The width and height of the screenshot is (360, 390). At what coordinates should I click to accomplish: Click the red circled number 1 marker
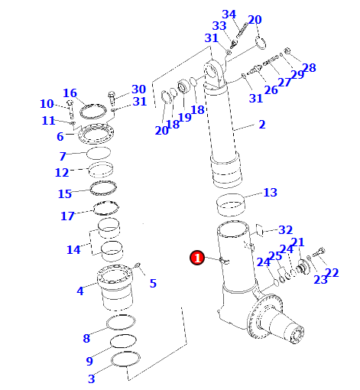coord(197,258)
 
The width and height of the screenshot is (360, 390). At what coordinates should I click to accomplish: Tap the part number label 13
coord(270,193)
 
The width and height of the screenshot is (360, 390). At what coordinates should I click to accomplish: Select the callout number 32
coord(285,230)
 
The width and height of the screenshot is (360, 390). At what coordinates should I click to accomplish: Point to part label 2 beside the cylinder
coord(262,125)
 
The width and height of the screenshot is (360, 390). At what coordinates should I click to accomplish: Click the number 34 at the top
coord(229,15)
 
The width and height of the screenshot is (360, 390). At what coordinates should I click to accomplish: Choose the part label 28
coord(309,68)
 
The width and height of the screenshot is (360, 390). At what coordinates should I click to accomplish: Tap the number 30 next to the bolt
coord(138,89)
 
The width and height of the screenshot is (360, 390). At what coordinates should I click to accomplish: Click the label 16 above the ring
coord(70,93)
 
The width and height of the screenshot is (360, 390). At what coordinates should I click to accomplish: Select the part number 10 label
coord(47,104)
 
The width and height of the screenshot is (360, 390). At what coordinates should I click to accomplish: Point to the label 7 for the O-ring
coord(63,156)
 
